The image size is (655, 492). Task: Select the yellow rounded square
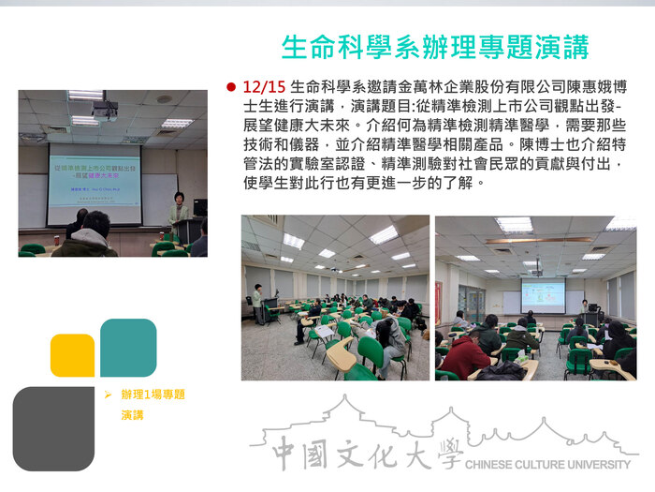(x=72, y=355)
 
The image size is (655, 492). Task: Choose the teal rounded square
(x=128, y=347)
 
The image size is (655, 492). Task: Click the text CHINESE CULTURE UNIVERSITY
(x=546, y=464)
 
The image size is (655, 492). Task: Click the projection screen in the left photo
(x=94, y=177)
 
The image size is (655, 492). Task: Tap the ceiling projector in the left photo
(x=105, y=111)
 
